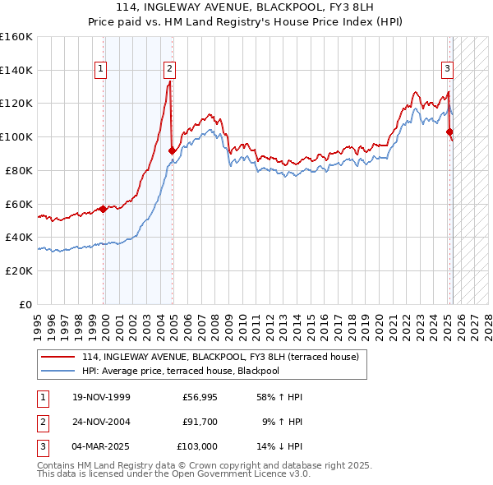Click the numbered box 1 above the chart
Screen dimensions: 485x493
click(x=100, y=70)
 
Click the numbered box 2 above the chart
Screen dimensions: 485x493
click(x=168, y=70)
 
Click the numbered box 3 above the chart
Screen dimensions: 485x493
click(x=447, y=70)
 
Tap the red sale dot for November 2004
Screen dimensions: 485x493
click(x=172, y=150)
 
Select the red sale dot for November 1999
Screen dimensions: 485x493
click(x=104, y=209)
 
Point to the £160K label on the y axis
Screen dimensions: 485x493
click(x=16, y=37)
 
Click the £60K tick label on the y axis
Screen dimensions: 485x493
click(x=19, y=204)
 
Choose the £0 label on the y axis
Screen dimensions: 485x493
click(x=26, y=304)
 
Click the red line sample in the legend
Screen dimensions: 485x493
click(x=58, y=358)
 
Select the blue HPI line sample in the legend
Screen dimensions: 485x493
click(x=58, y=371)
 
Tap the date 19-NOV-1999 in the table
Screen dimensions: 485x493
click(x=101, y=398)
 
